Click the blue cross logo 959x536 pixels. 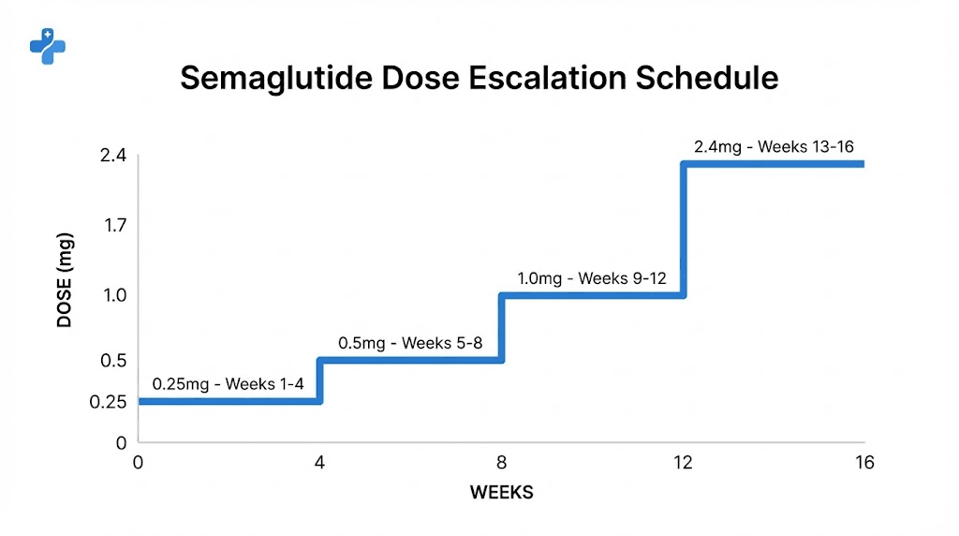[x=47, y=46]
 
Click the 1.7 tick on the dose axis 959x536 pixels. [x=114, y=225]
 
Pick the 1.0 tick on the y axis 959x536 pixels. [x=114, y=295]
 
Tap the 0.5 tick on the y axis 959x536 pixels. [x=114, y=361]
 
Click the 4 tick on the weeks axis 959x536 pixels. [x=319, y=463]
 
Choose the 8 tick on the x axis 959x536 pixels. [x=501, y=463]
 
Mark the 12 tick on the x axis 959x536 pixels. [x=683, y=463]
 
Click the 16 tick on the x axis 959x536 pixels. [x=863, y=463]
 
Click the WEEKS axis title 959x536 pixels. [x=501, y=493]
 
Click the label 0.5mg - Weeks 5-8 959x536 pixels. [x=410, y=343]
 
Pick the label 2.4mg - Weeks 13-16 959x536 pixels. [x=774, y=147]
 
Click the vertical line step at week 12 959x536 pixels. [x=684, y=230]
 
